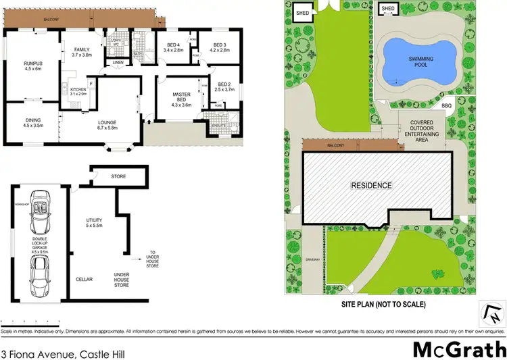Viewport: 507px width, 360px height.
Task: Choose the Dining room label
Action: point(33,123)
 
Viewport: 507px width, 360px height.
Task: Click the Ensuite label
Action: point(218,126)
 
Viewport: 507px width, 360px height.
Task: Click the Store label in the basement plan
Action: point(119,177)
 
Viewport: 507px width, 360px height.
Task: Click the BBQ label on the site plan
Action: point(446,106)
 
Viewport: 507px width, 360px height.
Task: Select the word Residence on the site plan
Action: point(371,184)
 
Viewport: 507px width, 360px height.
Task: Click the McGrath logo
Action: point(459,349)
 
